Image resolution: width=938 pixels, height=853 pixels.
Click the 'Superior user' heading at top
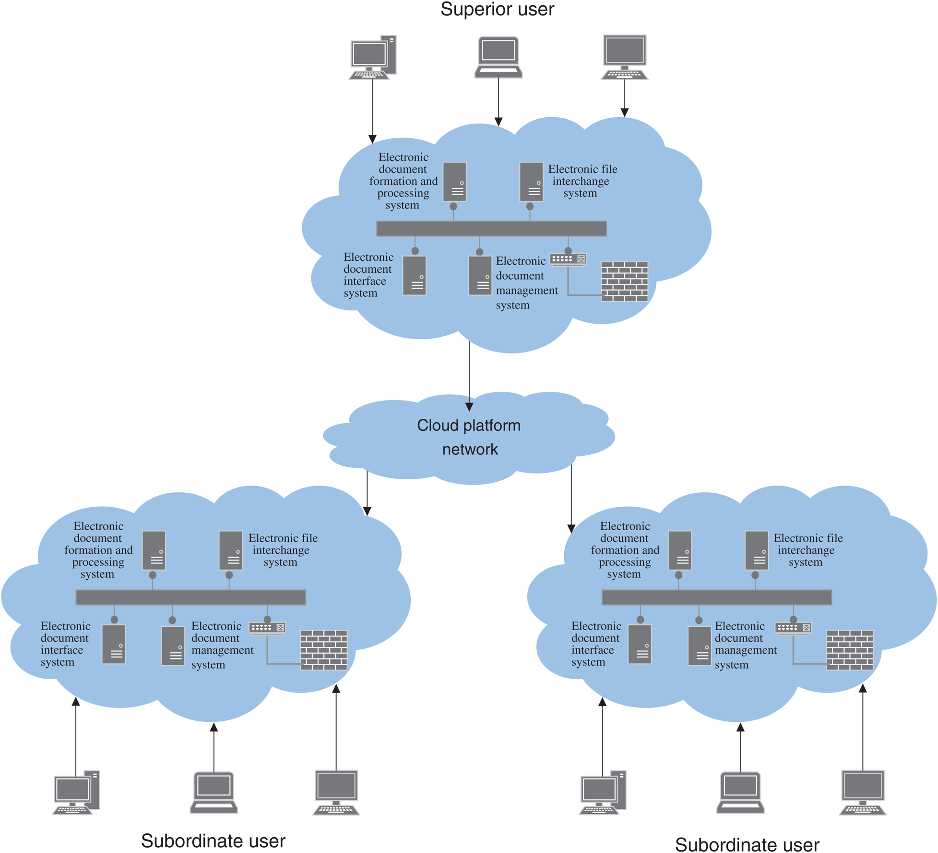(497, 10)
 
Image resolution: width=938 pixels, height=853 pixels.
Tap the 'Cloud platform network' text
(469, 437)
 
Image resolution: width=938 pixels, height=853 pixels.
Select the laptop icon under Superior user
(499, 57)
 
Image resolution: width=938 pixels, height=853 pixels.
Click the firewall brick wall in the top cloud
(624, 281)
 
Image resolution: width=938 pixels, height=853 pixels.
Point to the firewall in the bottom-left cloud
(324, 650)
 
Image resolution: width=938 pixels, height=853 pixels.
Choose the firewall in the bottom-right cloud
(850, 650)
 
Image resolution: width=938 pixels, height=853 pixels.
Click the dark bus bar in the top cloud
(491, 229)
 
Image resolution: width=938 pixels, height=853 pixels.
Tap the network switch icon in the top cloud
(568, 259)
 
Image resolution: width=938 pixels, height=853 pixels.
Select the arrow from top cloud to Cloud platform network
(469, 375)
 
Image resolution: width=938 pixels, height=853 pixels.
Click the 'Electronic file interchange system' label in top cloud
(582, 181)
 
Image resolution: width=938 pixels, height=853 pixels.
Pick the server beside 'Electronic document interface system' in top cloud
(415, 275)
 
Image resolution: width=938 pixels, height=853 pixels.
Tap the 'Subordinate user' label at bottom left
(213, 841)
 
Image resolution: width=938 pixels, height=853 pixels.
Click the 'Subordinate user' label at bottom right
(747, 844)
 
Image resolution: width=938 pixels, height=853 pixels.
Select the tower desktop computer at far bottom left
(77, 792)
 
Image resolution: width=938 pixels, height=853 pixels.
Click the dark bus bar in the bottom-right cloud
(716, 597)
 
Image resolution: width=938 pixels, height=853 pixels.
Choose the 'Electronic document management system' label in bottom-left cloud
(222, 645)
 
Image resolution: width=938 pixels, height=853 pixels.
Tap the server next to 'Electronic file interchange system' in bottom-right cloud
(757, 550)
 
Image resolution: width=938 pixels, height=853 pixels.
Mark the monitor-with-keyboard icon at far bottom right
(863, 792)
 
